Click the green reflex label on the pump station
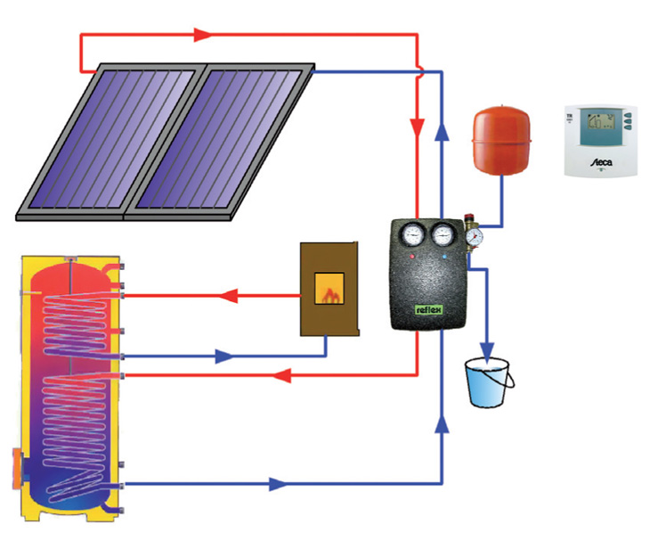click(430, 311)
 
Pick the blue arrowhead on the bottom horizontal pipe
click(278, 485)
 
